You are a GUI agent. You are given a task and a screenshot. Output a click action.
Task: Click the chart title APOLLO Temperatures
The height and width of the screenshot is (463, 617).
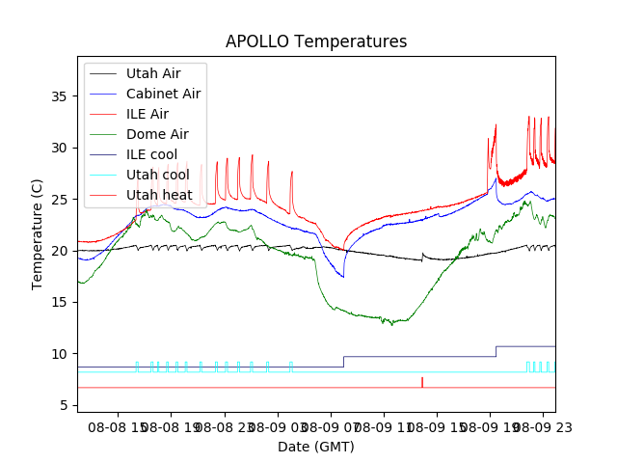pyautogui.click(x=316, y=41)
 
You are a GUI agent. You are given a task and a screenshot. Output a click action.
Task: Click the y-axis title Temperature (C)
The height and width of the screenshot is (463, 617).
pyautogui.click(x=38, y=233)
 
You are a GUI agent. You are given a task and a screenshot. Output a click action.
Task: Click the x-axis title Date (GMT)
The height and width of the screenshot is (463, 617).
pyautogui.click(x=316, y=447)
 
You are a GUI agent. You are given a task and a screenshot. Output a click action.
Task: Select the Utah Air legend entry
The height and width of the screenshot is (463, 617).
pyautogui.click(x=152, y=73)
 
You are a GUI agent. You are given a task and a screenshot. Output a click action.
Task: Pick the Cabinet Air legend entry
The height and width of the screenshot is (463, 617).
pyautogui.click(x=163, y=94)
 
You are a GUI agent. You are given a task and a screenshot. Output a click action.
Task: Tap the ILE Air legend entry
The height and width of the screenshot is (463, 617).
pyautogui.click(x=147, y=114)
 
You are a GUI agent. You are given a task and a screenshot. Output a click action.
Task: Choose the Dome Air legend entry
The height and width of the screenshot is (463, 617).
pyautogui.click(x=157, y=134)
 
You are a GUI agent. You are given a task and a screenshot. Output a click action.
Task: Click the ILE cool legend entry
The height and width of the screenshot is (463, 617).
pyautogui.click(x=151, y=154)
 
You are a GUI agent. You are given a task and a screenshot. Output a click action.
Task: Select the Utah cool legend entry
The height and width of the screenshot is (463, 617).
pyautogui.click(x=157, y=175)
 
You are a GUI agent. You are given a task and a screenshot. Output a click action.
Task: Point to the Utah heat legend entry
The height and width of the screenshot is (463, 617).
pyautogui.click(x=159, y=195)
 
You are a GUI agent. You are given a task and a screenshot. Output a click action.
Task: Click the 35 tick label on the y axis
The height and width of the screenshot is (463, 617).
pyautogui.click(x=61, y=96)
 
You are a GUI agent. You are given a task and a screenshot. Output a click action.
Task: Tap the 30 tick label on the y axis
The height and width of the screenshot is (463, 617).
pyautogui.click(x=61, y=148)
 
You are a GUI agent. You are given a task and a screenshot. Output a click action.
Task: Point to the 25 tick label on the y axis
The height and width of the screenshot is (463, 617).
pyautogui.click(x=61, y=200)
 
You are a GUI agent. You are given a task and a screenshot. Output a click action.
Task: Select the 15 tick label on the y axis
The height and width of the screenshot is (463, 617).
pyautogui.click(x=61, y=303)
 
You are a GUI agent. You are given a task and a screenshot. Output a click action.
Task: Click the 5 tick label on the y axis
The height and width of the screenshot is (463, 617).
pyautogui.click(x=65, y=405)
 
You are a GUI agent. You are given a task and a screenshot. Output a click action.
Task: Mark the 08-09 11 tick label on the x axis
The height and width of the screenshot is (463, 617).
pyautogui.click(x=382, y=426)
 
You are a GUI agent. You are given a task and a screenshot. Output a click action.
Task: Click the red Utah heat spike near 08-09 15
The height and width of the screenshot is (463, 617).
pyautogui.click(x=422, y=382)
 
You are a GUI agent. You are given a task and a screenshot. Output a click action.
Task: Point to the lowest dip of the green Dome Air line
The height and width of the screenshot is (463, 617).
pyautogui.click(x=391, y=324)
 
